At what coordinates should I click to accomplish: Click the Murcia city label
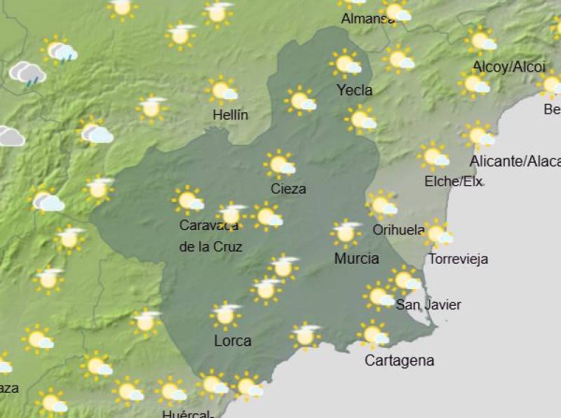[x=356, y=258]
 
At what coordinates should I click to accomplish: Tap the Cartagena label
[x=399, y=360]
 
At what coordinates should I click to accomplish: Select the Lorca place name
[x=232, y=341]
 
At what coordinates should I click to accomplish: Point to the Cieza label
[x=288, y=189]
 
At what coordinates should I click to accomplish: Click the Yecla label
[x=354, y=90]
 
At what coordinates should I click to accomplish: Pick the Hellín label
[x=231, y=114]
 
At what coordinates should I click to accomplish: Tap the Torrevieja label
[x=458, y=259]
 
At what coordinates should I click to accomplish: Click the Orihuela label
[x=398, y=229]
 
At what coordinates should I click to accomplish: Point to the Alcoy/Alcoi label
[x=509, y=67]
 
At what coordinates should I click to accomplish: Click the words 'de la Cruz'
[x=210, y=246]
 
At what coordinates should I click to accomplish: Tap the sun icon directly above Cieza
[x=280, y=164]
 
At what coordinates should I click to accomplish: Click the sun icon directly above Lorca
[x=225, y=315]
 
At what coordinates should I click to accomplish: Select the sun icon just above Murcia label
[x=345, y=234]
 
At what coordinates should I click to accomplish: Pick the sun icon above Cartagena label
[x=372, y=334]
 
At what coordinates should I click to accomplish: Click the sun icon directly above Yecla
[x=345, y=64]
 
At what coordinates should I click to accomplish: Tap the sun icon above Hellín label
[x=222, y=90]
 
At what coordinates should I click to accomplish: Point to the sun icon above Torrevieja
[x=437, y=233]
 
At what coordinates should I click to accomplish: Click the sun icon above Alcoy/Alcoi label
[x=480, y=40]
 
